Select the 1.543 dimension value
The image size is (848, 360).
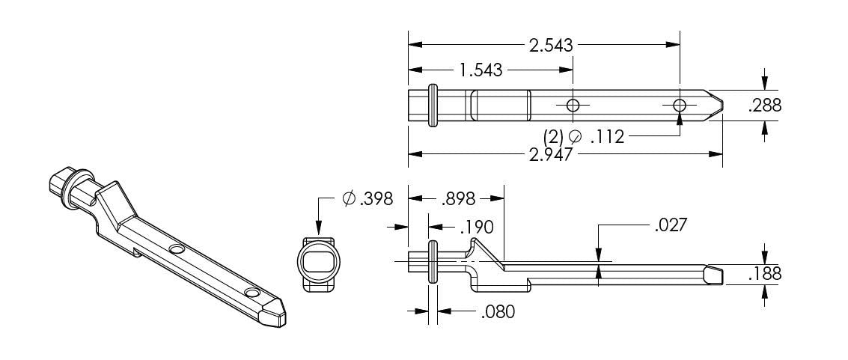coord(480,70)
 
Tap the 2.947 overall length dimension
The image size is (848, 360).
coord(550,155)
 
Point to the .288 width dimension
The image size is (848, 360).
coord(764,106)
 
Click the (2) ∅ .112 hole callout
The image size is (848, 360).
coord(584,136)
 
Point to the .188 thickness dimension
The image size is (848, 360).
coord(764,274)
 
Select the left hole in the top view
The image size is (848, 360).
coord(573,106)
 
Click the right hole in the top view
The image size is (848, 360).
coord(679,106)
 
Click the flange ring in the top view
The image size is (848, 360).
coord(433,106)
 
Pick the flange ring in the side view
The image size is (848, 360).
coord(433,261)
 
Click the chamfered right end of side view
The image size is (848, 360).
coord(715,274)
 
